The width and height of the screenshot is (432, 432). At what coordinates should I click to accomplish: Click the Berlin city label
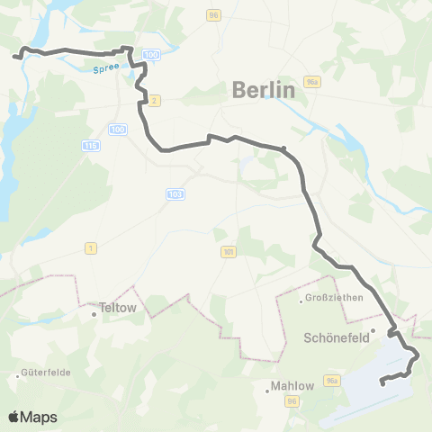click(x=263, y=90)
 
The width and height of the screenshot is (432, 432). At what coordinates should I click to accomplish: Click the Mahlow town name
click(x=292, y=386)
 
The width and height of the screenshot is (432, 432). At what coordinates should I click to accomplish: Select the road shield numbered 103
click(x=175, y=193)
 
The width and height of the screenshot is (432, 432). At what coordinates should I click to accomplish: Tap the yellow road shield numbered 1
click(x=90, y=247)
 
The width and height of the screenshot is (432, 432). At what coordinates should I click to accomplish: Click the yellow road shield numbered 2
click(x=154, y=100)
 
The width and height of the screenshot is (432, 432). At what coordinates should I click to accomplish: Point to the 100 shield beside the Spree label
click(x=150, y=56)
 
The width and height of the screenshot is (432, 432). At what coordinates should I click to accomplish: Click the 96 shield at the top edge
click(x=212, y=14)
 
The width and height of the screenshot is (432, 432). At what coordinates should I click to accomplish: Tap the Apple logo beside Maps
click(x=13, y=417)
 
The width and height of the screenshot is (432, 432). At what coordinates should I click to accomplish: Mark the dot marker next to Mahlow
click(x=269, y=391)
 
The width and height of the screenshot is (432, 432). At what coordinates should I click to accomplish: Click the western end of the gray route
click(x=14, y=57)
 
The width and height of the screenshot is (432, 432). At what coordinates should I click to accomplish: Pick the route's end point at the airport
click(x=382, y=383)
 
